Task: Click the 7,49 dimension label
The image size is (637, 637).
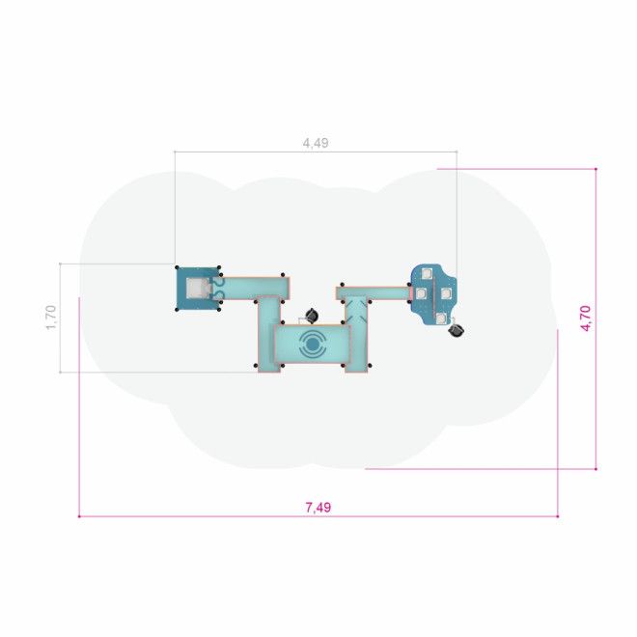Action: coord(318,507)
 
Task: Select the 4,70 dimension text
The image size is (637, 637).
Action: coord(586,318)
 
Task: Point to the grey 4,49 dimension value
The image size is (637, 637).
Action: coord(316,143)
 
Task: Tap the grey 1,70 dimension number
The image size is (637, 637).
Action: coord(51,318)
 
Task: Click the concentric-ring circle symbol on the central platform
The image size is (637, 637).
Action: coord(312,345)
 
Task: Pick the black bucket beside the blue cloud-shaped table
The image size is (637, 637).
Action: coord(457,330)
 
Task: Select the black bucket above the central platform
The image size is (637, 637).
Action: coord(312,315)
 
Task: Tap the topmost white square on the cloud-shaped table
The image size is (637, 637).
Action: coord(427,273)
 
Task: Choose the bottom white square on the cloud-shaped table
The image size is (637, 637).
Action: coord(441,318)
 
